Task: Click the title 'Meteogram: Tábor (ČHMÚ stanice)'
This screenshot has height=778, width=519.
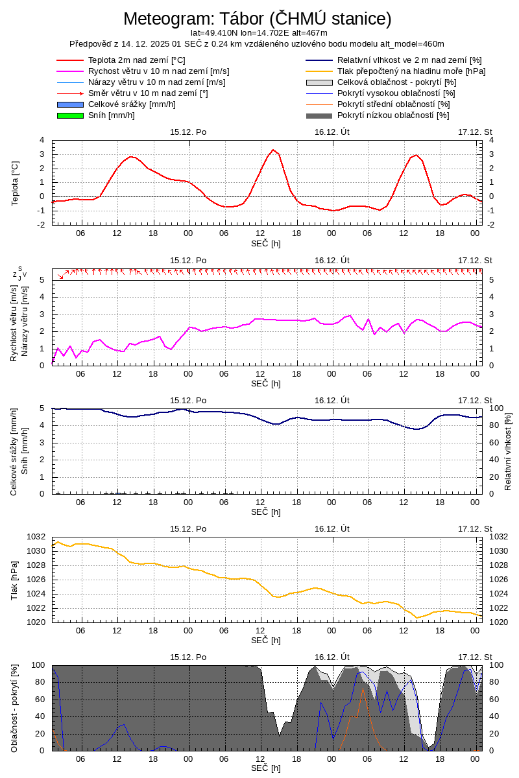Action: pyautogui.click(x=258, y=19)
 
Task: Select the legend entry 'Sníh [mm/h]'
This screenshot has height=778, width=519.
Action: pyautogui.click(x=112, y=115)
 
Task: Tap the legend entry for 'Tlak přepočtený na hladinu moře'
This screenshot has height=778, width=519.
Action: pyautogui.click(x=411, y=71)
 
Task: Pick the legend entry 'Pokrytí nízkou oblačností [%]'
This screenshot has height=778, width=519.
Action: pyautogui.click(x=393, y=115)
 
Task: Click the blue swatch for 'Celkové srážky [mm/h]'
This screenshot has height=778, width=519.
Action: pyautogui.click(x=71, y=104)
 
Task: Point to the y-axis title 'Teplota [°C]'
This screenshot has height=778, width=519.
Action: pyautogui.click(x=16, y=182)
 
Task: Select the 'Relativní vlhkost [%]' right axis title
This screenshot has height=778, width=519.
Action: pyautogui.click(x=508, y=451)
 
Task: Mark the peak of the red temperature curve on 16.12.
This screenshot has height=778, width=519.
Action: pyautogui.click(x=273, y=150)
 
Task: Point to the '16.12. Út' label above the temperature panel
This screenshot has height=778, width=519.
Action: pyautogui.click(x=332, y=132)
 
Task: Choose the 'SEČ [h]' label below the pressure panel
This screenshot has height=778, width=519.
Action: pyautogui.click(x=266, y=640)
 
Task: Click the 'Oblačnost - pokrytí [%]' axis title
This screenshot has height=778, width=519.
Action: pyautogui.click(x=14, y=708)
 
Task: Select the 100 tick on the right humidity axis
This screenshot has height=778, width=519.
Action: pyautogui.click(x=495, y=408)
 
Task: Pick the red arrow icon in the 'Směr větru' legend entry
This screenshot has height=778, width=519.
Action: pyautogui.click(x=71, y=93)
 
